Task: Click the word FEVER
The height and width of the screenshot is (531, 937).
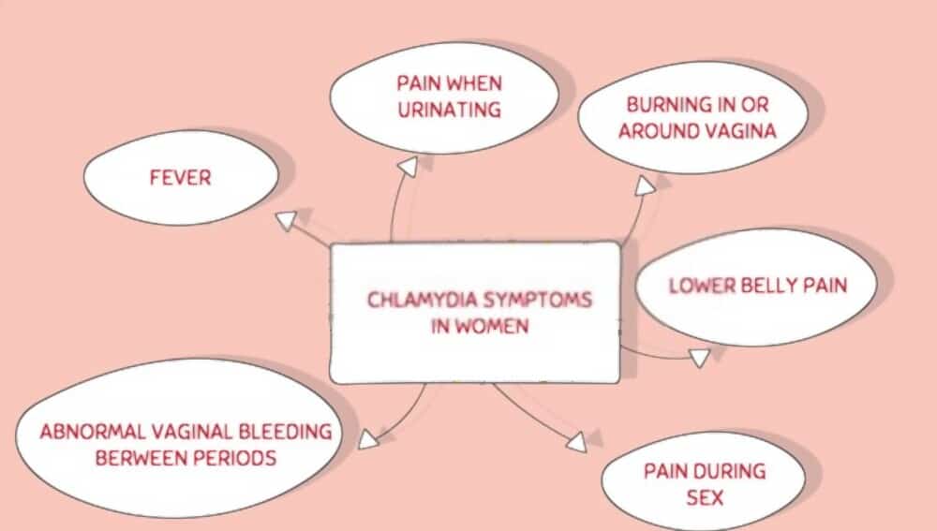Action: tap(179, 177)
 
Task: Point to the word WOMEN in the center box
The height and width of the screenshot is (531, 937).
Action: tap(494, 327)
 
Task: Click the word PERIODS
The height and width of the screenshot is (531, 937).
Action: tap(236, 459)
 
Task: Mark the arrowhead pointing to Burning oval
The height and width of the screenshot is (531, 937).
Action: tap(646, 185)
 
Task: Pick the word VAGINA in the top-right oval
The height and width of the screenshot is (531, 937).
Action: tap(741, 131)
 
